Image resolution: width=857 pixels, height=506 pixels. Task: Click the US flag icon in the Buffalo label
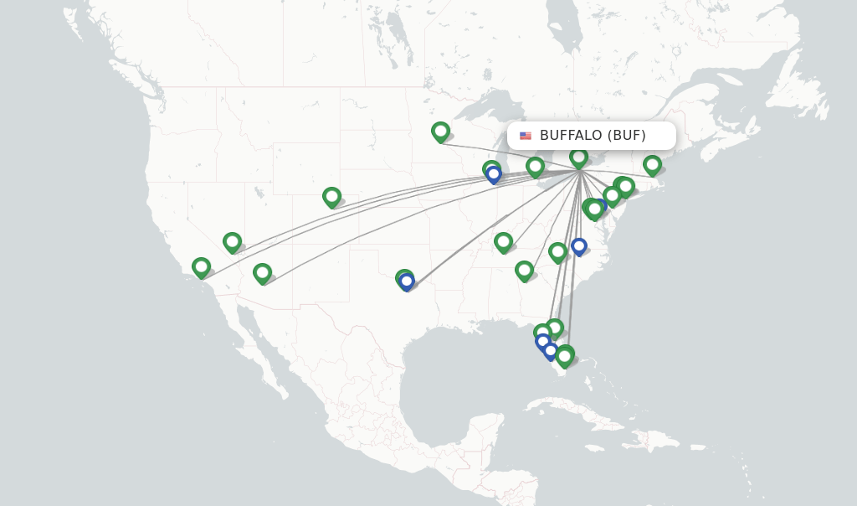pos(526,136)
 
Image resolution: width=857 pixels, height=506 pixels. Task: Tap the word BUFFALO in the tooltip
pos(570,136)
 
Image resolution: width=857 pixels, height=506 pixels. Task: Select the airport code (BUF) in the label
pos(627,136)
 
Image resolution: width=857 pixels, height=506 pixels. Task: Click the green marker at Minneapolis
pos(440,132)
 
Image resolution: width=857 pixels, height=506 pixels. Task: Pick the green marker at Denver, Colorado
pos(331,197)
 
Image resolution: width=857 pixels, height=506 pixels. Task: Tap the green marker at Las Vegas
pos(232,242)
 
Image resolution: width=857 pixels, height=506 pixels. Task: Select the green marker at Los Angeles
pos(201,267)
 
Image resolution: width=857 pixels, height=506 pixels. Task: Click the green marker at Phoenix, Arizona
pos(262,273)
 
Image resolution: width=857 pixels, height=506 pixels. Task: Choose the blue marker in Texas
pos(407,282)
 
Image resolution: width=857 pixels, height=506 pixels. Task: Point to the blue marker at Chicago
pos(494,174)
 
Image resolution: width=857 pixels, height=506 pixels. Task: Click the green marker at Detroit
pos(535,168)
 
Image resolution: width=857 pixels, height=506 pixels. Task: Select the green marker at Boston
pos(652,164)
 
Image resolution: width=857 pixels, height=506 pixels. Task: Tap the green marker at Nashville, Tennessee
pos(503,242)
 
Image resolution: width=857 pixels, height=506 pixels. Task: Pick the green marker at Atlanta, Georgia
pos(524,271)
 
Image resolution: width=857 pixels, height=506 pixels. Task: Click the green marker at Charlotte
pos(557,251)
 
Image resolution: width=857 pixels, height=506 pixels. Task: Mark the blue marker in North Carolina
pos(578,246)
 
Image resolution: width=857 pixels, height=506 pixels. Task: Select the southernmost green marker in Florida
pos(565,357)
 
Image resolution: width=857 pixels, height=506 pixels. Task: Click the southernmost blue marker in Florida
pos(550,351)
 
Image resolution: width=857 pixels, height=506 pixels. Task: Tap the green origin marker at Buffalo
pos(578,157)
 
